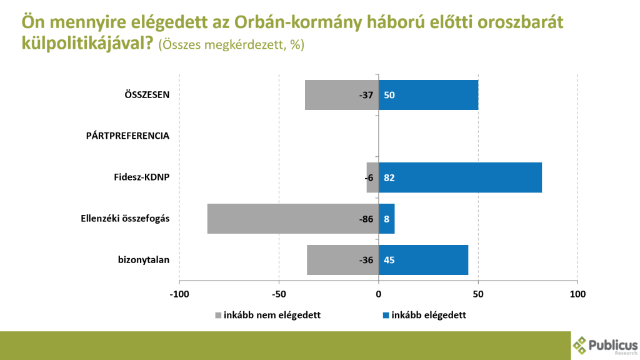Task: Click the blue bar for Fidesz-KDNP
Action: click(460, 177)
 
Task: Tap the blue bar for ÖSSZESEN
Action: click(428, 95)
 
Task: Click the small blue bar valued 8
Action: click(387, 219)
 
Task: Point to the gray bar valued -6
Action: click(372, 177)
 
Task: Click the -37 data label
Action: click(366, 96)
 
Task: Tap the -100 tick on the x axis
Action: click(179, 294)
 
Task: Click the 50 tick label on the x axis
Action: click(478, 294)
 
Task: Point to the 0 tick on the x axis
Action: click(379, 294)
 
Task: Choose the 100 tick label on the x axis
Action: click(577, 294)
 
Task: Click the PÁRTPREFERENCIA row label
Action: click(127, 136)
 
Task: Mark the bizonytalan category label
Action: click(144, 260)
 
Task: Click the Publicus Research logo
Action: click(605, 345)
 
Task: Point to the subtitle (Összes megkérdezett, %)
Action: click(231, 46)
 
